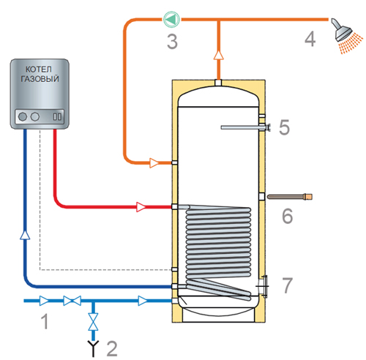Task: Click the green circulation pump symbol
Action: (172, 19)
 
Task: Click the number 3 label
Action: (172, 42)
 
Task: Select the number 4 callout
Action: (310, 39)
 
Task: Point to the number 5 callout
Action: (284, 127)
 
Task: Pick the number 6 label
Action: (287, 216)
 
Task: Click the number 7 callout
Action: (287, 285)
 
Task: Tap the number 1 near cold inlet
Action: (45, 321)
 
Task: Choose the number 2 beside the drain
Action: (112, 349)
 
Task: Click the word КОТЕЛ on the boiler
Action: (39, 70)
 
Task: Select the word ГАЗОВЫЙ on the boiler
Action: (40, 78)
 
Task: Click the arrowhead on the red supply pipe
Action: (141, 207)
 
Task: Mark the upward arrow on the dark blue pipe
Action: (25, 235)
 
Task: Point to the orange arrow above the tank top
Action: (219, 55)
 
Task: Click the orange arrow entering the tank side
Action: (154, 162)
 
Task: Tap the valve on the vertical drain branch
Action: (93, 322)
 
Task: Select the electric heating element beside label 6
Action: (290, 197)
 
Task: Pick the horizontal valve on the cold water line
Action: (72, 301)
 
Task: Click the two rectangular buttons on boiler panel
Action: (57, 116)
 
